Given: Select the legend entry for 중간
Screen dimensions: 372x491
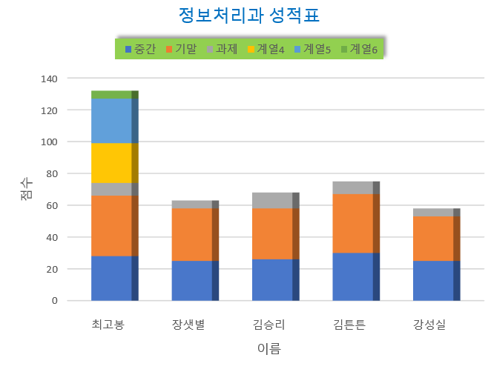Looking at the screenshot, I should point(141,50).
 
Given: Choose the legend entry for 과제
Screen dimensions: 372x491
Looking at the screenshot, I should point(221,50).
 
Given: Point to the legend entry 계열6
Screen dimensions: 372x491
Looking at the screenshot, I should point(359,50).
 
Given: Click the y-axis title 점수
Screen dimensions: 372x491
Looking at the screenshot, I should point(26,189).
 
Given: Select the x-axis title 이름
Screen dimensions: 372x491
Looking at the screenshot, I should point(269,348).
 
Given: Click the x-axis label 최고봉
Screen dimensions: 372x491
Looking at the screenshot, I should point(108,325).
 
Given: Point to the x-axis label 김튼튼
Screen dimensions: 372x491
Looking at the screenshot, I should point(349,325).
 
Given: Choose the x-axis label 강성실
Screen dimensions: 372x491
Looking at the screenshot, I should point(429,325).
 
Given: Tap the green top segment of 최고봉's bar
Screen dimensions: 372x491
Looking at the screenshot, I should point(111,94).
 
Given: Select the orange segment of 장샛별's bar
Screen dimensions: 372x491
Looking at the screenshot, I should point(191,234).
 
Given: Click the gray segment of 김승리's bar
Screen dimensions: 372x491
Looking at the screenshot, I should point(272,200).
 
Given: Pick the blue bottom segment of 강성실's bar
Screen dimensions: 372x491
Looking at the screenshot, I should point(433,281).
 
